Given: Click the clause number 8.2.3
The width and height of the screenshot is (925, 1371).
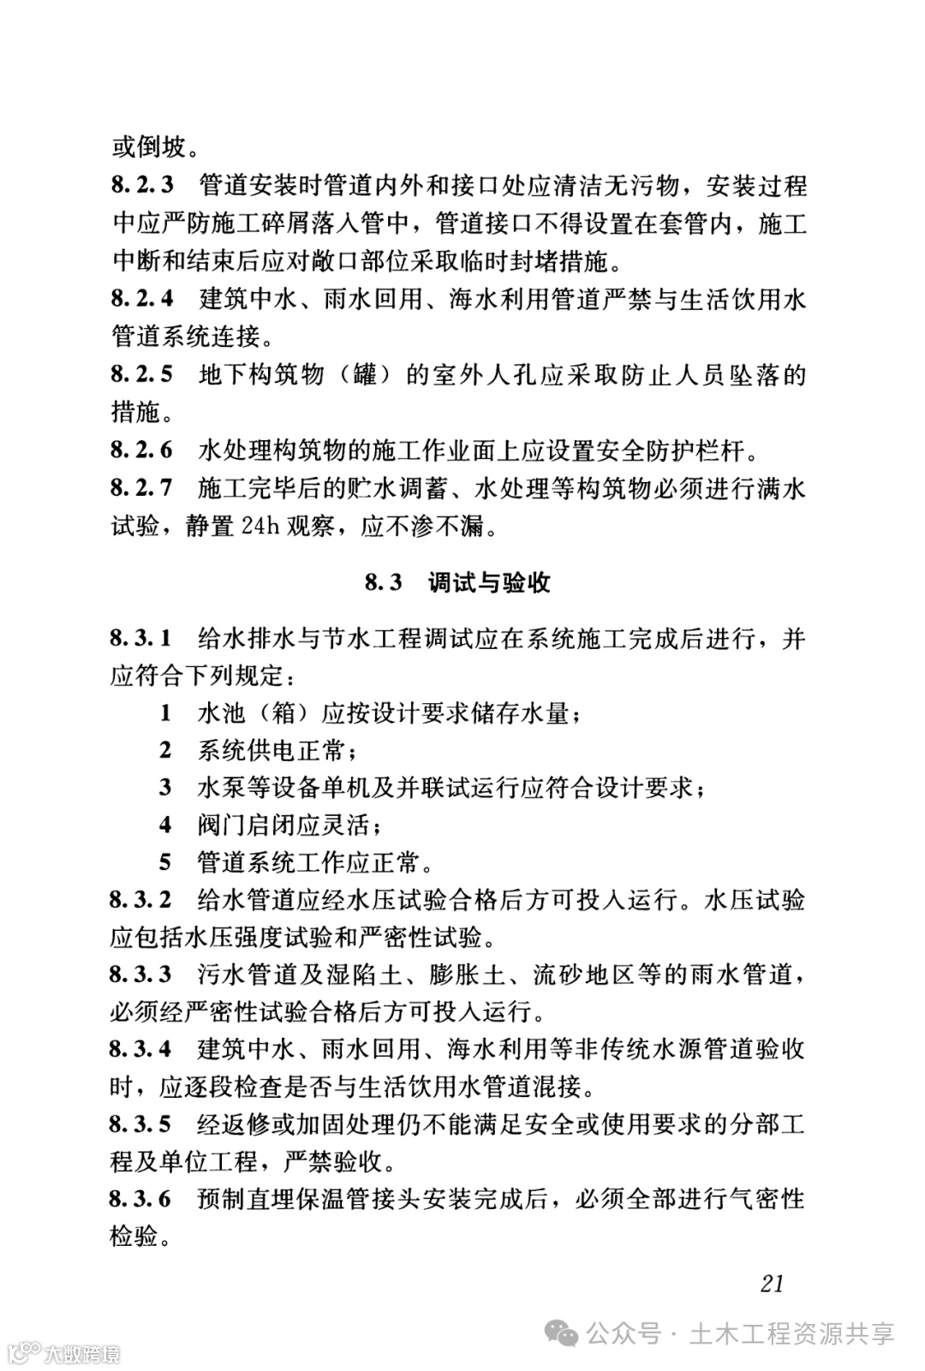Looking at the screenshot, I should point(142,185).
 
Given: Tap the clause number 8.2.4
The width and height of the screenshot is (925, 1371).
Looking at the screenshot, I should point(142,299).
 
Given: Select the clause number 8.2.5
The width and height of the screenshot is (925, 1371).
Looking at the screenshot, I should point(142,374).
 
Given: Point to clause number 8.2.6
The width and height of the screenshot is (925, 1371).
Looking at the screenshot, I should point(142,450).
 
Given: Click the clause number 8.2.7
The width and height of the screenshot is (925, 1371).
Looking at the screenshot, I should point(142,488).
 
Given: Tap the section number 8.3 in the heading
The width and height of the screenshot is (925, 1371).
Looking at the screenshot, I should point(384,583).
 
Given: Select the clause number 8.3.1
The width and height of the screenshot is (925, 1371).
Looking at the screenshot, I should point(141,638).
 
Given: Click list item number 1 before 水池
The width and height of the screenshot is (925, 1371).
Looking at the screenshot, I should point(165,712).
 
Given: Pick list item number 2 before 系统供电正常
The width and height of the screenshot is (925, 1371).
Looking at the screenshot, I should point(165,750).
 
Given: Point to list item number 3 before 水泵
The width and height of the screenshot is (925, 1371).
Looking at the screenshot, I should point(165,787).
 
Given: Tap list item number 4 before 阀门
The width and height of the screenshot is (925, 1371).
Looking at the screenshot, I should point(165,825).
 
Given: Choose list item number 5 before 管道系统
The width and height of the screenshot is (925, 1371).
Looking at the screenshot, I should point(165,861).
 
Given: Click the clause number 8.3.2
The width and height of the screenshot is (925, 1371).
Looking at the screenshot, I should point(141,899).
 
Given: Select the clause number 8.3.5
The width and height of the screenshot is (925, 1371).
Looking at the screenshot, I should point(141,1124).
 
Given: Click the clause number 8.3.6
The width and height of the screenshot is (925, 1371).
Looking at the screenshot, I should point(141,1198).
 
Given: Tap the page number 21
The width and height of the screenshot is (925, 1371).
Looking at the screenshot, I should point(772,1283).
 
